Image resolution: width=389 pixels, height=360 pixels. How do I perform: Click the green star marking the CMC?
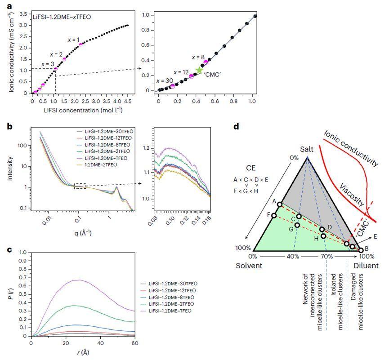pos(199,70)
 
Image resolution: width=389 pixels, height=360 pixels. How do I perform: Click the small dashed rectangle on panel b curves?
pos(79,186)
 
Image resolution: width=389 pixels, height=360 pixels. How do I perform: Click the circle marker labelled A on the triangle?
pos(280,204)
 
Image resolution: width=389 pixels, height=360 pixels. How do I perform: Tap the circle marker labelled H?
pos(323,236)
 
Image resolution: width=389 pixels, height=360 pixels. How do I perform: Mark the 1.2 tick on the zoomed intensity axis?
pos(145,147)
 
